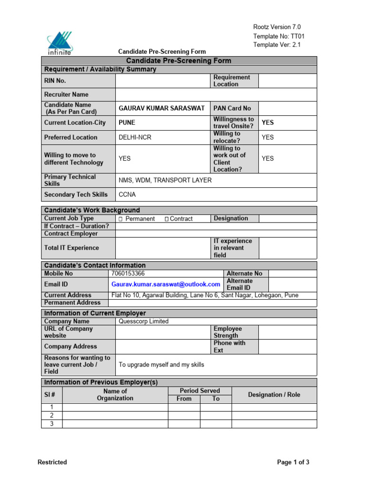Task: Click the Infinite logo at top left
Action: click(60, 42)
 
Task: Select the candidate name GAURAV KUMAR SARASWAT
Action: click(162, 108)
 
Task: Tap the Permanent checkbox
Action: click(121, 219)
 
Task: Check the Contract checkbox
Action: click(167, 219)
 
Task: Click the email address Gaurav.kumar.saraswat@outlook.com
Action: click(165, 284)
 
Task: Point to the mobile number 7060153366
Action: click(128, 274)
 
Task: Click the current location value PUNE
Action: click(127, 122)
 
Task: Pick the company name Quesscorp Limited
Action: click(143, 321)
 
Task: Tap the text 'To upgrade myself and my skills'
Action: click(161, 365)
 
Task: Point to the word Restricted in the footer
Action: click(52, 462)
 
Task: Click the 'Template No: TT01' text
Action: click(279, 36)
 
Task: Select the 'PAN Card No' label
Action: click(232, 108)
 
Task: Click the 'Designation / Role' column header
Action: click(274, 395)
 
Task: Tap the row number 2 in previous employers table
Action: click(52, 416)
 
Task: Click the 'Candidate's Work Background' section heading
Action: click(92, 210)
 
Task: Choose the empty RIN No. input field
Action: click(162, 81)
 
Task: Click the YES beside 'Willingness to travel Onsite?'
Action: click(268, 122)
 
